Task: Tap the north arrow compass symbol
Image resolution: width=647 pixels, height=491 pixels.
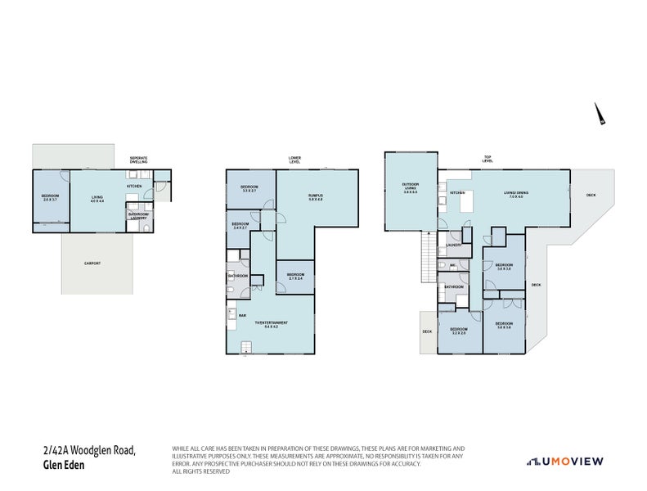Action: pyautogui.click(x=600, y=115)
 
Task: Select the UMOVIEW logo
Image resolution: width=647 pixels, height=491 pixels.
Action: pyautogui.click(x=564, y=462)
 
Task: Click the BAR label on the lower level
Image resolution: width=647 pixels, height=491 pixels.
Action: pyautogui.click(x=242, y=314)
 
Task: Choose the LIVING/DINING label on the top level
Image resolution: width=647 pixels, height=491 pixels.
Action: pyautogui.click(x=515, y=195)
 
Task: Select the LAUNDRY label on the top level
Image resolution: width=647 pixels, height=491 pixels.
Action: pyautogui.click(x=455, y=245)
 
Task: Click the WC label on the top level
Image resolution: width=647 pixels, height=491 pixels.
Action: pyautogui.click(x=453, y=265)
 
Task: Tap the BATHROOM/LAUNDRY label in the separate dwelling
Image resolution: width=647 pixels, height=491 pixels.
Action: pyautogui.click(x=138, y=216)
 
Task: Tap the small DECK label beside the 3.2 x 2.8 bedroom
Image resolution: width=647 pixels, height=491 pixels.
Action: pyautogui.click(x=427, y=331)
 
